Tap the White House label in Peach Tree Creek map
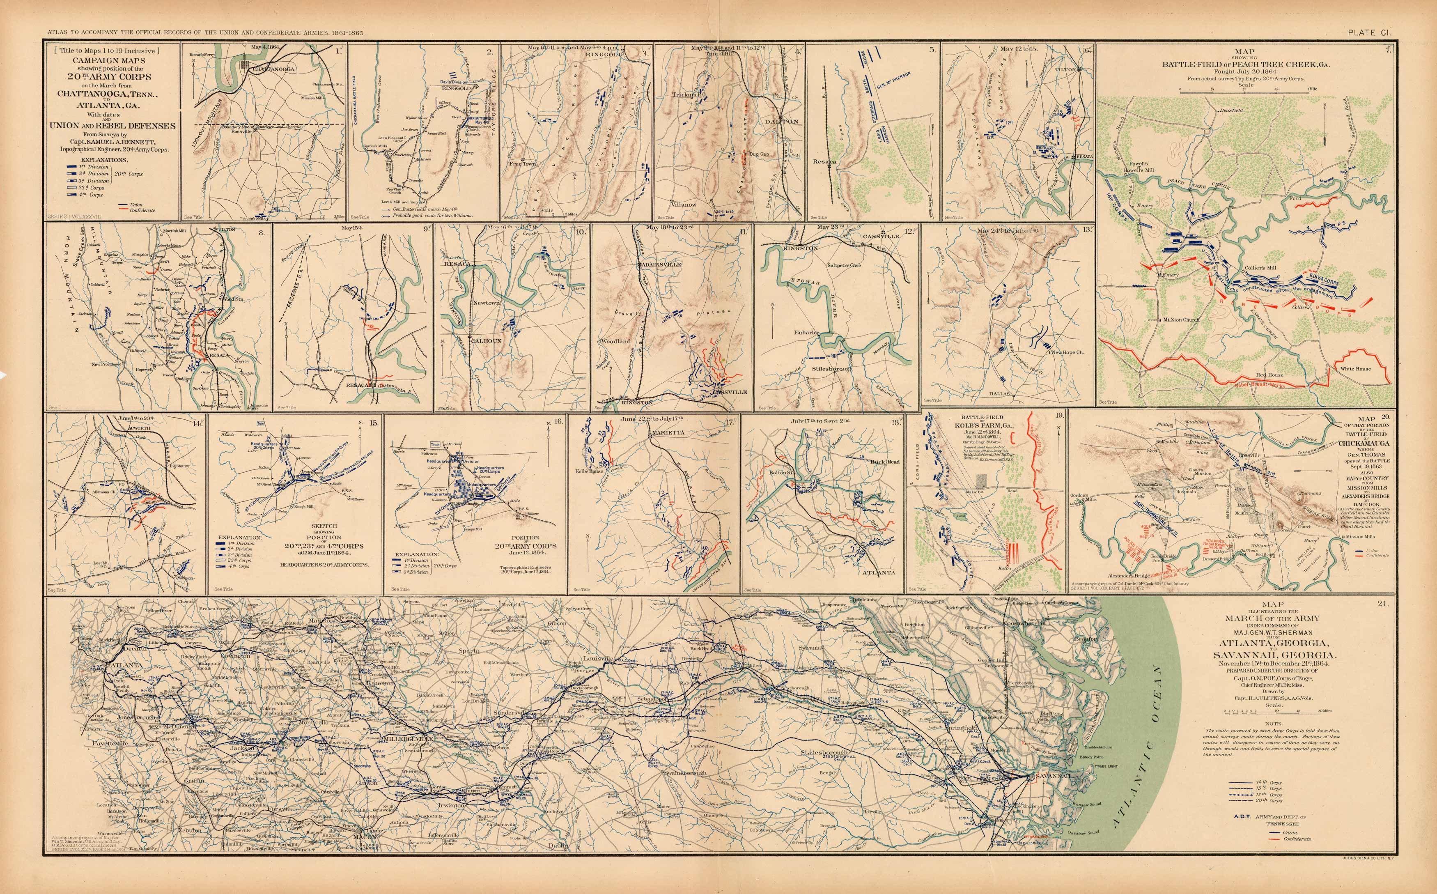1355,369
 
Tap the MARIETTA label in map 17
668,433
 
